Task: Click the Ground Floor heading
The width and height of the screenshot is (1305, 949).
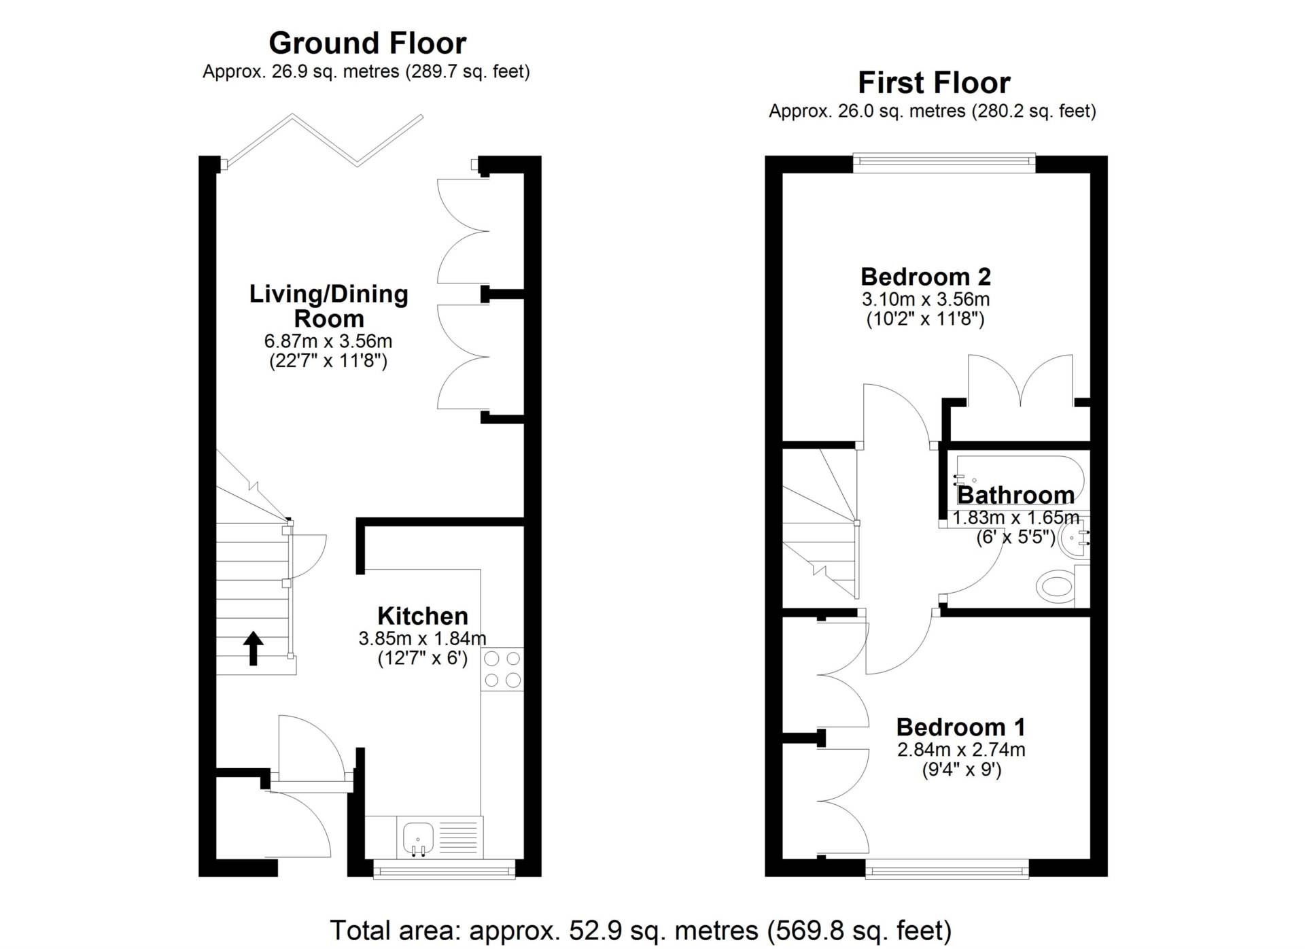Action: point(368,43)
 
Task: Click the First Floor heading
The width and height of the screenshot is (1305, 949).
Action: point(934,83)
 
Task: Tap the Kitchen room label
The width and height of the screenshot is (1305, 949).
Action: point(423,616)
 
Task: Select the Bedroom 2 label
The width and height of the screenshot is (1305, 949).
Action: point(926,277)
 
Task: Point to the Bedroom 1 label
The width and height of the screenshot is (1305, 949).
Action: point(960,727)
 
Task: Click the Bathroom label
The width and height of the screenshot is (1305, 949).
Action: point(1015,495)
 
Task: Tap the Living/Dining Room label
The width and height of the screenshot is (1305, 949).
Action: point(329,306)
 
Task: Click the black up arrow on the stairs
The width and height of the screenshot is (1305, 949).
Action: point(254,648)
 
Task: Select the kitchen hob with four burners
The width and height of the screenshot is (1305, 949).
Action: point(502,669)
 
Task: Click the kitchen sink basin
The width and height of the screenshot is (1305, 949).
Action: point(418,838)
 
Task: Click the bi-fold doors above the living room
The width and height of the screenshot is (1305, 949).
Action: point(325,140)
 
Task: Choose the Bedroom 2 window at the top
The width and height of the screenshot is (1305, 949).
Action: point(944,160)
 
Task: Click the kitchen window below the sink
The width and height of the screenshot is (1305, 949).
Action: point(445,869)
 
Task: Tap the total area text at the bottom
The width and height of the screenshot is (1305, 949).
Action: point(641,930)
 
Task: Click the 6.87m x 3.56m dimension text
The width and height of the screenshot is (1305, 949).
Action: point(328,341)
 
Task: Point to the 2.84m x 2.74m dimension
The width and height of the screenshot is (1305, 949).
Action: point(961,750)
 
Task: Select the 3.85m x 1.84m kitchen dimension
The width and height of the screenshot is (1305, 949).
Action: point(423,638)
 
